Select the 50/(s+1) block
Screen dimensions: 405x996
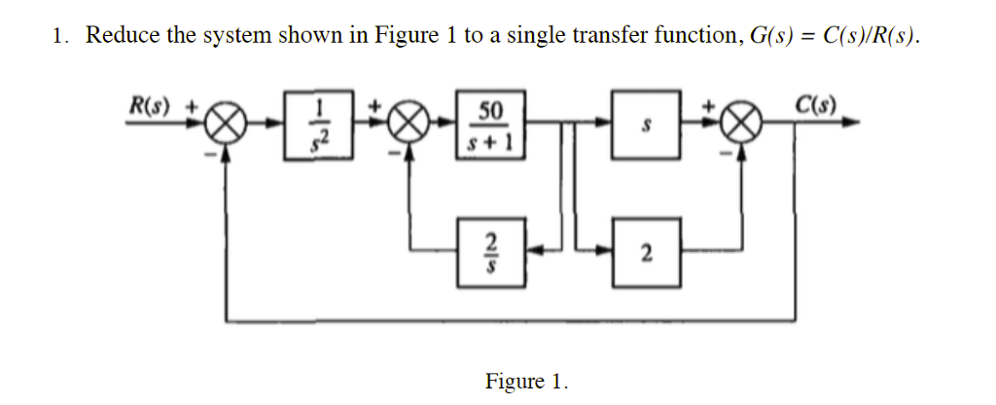(x=488, y=124)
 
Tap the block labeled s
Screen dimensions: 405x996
(x=645, y=124)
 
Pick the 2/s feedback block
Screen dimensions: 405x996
(x=488, y=252)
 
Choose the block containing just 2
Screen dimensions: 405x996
(x=645, y=252)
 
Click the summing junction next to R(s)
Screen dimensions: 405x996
(x=227, y=125)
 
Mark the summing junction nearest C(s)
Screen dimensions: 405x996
(x=744, y=125)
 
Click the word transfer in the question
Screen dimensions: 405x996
(x=609, y=37)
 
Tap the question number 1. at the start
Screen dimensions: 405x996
(x=60, y=37)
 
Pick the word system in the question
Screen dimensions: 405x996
(x=236, y=37)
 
